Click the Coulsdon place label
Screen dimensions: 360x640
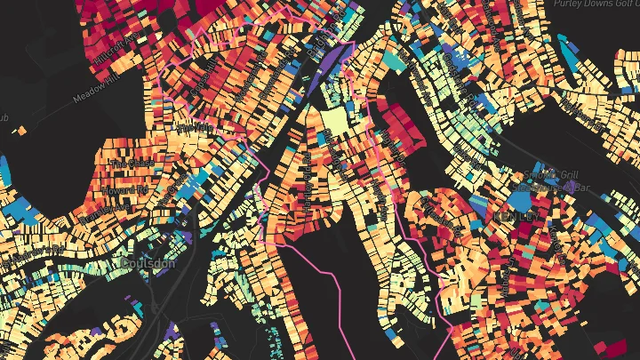point(148,264)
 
